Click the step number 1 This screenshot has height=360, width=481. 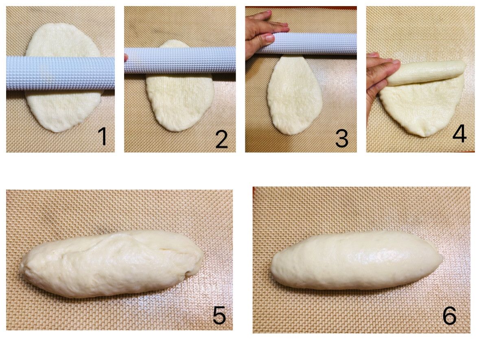tap(103, 136)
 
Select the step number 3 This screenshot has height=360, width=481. tap(341, 139)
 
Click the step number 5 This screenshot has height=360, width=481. tap(219, 315)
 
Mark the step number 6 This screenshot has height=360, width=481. tap(449, 316)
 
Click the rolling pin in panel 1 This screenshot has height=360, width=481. tap(61, 73)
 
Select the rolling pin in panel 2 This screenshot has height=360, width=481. tap(180, 61)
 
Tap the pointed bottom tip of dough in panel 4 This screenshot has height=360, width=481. tap(425, 135)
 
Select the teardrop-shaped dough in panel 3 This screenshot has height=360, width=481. tap(295, 95)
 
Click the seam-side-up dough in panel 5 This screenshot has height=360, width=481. tap(112, 264)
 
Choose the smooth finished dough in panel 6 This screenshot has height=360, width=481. tap(357, 261)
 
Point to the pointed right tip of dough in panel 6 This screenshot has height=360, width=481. tap(442, 259)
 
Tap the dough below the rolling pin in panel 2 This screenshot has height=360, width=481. tap(180, 101)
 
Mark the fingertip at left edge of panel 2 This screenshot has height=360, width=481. tap(126, 57)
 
